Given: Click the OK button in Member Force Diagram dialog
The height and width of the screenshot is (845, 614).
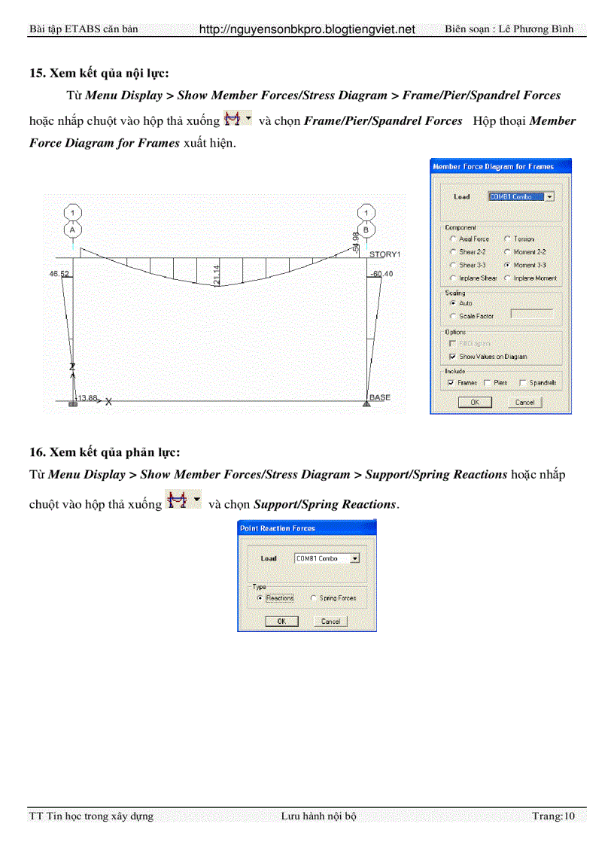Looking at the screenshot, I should pyautogui.click(x=474, y=403).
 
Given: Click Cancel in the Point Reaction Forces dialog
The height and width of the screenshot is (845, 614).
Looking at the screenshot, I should pyautogui.click(x=330, y=622).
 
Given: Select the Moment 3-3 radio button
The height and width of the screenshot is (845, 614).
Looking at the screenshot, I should pyautogui.click(x=508, y=265).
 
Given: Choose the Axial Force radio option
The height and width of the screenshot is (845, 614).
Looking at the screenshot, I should pyautogui.click(x=453, y=239).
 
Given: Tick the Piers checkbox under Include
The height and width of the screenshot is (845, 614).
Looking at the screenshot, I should pyautogui.click(x=488, y=382).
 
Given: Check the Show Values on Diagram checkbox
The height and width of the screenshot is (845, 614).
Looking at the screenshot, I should pyautogui.click(x=453, y=356).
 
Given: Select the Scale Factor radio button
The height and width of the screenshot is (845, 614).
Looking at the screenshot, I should pyautogui.click(x=453, y=316).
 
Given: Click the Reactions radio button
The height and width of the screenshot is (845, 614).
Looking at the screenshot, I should pyautogui.click(x=260, y=598).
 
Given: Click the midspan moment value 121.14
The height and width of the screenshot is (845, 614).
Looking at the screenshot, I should pyautogui.click(x=217, y=275).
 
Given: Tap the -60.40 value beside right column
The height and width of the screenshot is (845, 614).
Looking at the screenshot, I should pyautogui.click(x=381, y=274).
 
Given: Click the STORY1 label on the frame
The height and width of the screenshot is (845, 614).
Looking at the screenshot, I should pyautogui.click(x=385, y=254).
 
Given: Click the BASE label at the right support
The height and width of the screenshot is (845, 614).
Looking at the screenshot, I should pyautogui.click(x=380, y=397).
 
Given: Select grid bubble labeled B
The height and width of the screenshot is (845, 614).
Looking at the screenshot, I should pyautogui.click(x=366, y=230).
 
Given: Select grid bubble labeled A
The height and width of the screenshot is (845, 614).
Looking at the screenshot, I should pyautogui.click(x=72, y=230).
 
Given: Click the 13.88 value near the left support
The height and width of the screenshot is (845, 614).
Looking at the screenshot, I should pyautogui.click(x=87, y=398).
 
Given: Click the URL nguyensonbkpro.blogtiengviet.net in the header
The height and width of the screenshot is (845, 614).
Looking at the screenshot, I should pyautogui.click(x=307, y=29).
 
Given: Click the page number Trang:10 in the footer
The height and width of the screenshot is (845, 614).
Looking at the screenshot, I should pyautogui.click(x=553, y=816).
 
